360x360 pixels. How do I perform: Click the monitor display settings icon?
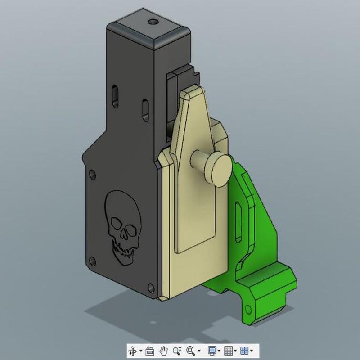212,350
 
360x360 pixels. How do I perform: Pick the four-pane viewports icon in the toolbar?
244,350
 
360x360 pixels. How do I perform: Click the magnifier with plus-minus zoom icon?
177,350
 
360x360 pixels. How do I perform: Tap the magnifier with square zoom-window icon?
191,350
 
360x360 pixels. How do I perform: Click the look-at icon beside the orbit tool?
150,350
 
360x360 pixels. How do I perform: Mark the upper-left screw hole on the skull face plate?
92,173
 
